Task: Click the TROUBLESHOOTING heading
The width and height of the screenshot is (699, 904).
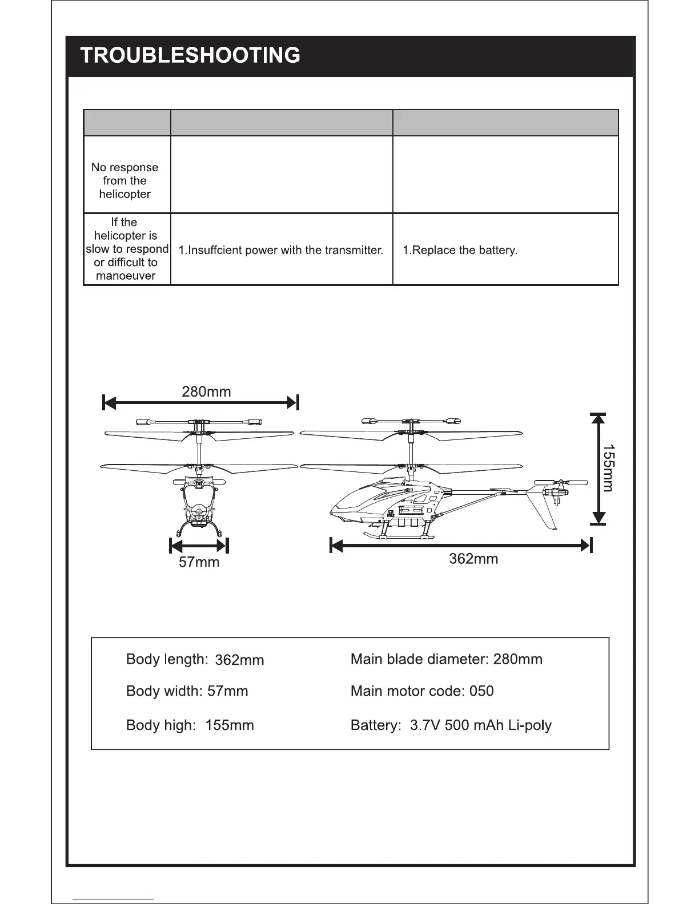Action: pos(190,55)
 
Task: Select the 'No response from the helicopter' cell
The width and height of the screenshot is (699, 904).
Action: pos(125,180)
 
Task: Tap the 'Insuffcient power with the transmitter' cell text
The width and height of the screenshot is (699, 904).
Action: pos(280,250)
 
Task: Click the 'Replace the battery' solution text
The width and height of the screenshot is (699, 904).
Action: pos(460,250)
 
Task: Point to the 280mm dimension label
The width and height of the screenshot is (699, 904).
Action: pos(206,392)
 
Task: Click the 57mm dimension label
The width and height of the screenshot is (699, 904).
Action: pos(199,562)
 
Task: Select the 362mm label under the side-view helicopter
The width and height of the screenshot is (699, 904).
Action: pos(473,559)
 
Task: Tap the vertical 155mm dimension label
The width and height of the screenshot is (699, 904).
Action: pos(608,467)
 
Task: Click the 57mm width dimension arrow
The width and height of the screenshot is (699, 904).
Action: pos(199,546)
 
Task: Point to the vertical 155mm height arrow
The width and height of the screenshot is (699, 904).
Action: pos(597,467)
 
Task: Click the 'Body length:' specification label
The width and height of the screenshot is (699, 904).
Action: pos(167,659)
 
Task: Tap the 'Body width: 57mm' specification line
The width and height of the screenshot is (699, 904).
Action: pos(187,691)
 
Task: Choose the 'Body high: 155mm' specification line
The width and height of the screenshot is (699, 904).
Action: pos(190,725)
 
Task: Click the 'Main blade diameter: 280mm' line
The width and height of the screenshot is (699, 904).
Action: pos(446,659)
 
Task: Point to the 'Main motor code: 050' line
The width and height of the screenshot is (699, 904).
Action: pos(422,691)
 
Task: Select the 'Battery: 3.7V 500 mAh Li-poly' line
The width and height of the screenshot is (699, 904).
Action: pos(451,725)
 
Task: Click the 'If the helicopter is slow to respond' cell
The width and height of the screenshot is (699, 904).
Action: pos(126,249)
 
